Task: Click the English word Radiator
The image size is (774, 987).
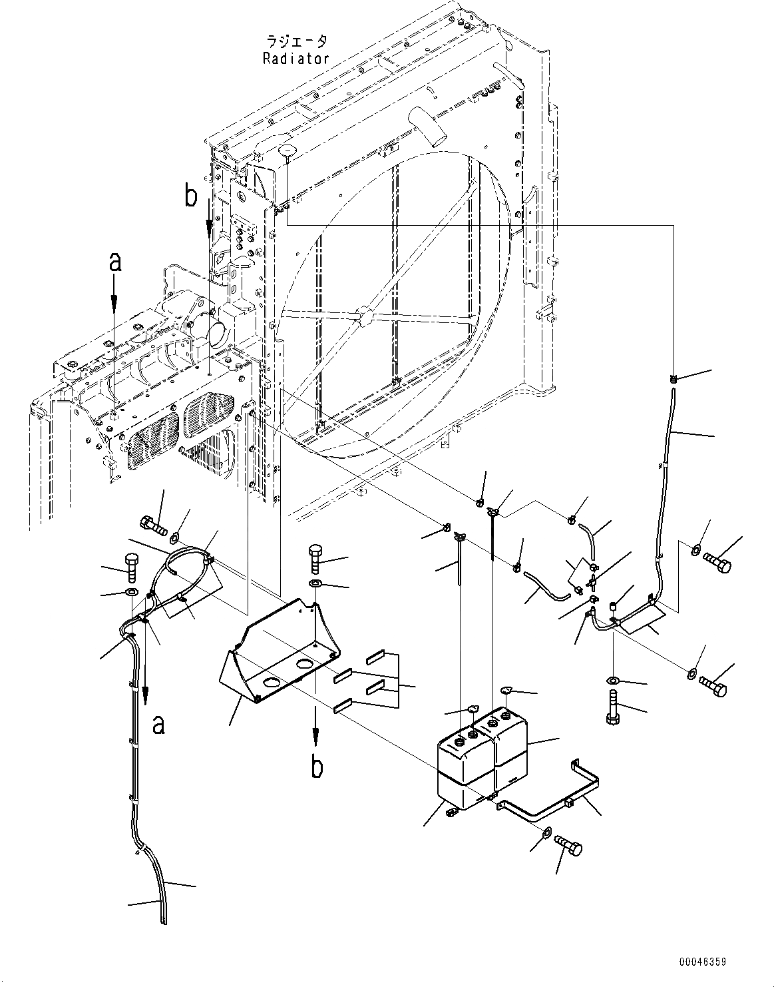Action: coord(296,58)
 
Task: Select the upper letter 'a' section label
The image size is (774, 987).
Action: coord(115,263)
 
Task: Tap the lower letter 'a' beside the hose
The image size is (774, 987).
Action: coord(158,723)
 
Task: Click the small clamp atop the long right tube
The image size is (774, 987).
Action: coord(674,379)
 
